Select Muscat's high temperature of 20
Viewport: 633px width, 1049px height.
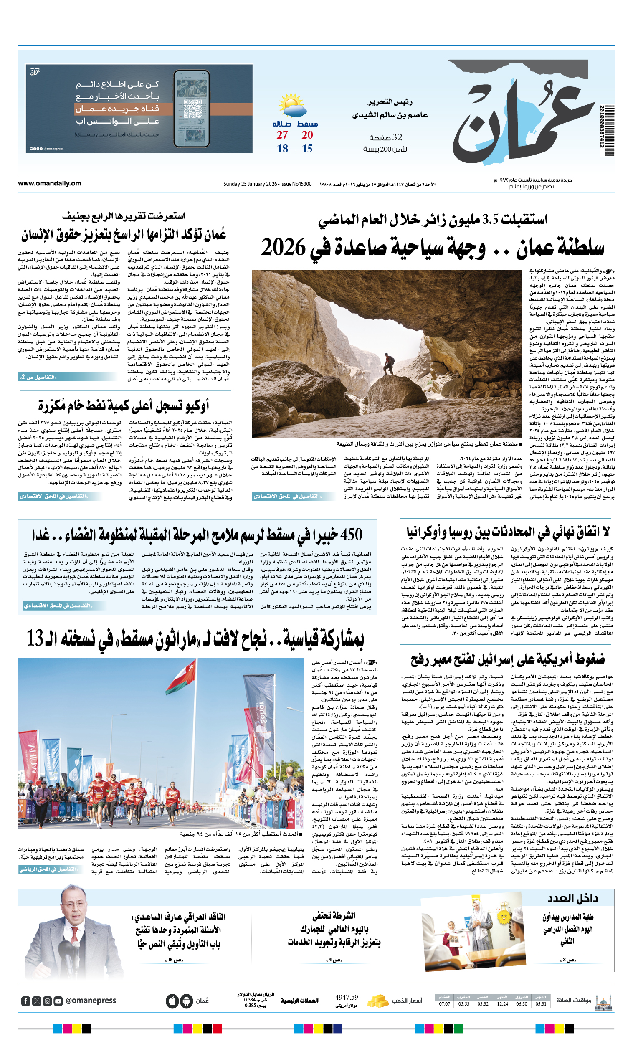(307, 135)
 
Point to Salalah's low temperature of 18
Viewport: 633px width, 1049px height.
(282, 149)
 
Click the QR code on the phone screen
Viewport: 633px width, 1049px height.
(191, 109)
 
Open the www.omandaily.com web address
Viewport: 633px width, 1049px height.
(49, 183)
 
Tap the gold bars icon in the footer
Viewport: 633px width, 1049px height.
(377, 1001)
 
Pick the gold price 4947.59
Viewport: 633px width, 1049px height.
(346, 998)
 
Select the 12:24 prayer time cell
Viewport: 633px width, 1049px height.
(502, 1004)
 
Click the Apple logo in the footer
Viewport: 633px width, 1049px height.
(172, 1001)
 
